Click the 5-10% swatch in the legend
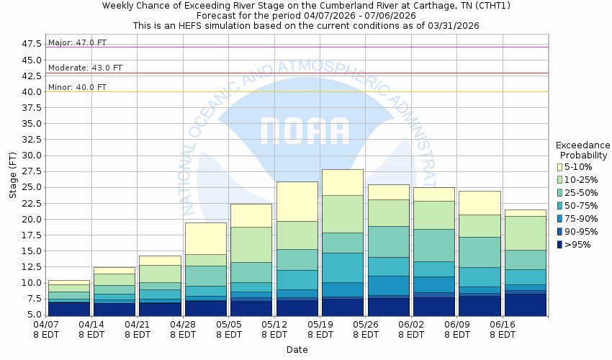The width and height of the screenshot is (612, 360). point(562,167)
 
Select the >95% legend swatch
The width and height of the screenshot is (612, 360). point(562,245)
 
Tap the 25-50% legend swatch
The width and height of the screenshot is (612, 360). point(562,193)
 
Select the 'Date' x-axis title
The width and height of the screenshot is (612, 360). point(297,350)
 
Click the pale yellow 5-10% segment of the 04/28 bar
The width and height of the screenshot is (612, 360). point(206,238)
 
